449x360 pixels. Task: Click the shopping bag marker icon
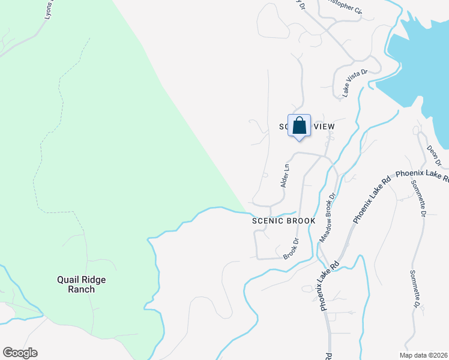pos(299,126)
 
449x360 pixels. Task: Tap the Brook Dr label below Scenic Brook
pos(291,249)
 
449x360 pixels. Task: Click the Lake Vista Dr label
pos(354,83)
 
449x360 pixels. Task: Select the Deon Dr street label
pos(434,154)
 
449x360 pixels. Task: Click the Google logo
pos(20,353)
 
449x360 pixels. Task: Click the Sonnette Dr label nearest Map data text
pos(415,292)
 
